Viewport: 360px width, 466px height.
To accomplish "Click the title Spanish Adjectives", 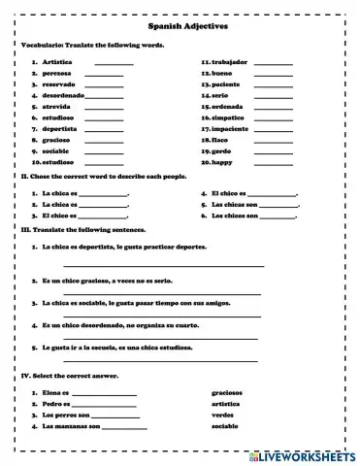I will coord(181,30).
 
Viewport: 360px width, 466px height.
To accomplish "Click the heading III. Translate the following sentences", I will coord(83,230).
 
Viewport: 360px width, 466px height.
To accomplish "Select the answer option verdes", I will coord(222,415).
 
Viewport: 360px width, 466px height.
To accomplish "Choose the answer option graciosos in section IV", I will coord(227,392).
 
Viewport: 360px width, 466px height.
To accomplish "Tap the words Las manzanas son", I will coord(72,426).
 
